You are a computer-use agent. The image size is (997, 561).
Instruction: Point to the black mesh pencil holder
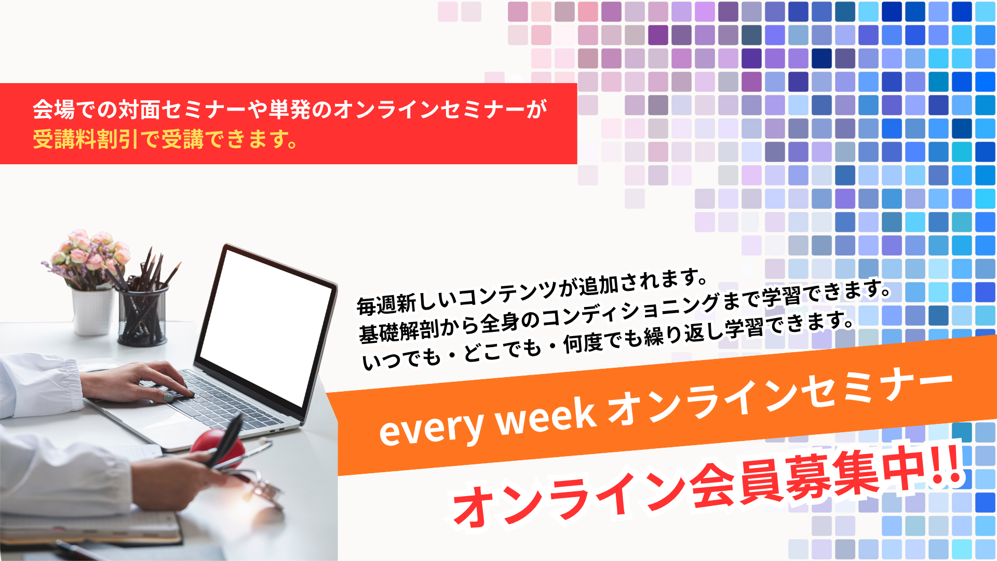(x=142, y=314)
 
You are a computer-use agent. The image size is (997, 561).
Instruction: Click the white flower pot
(x=92, y=312)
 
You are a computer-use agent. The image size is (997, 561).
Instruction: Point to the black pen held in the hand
(x=226, y=439)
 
